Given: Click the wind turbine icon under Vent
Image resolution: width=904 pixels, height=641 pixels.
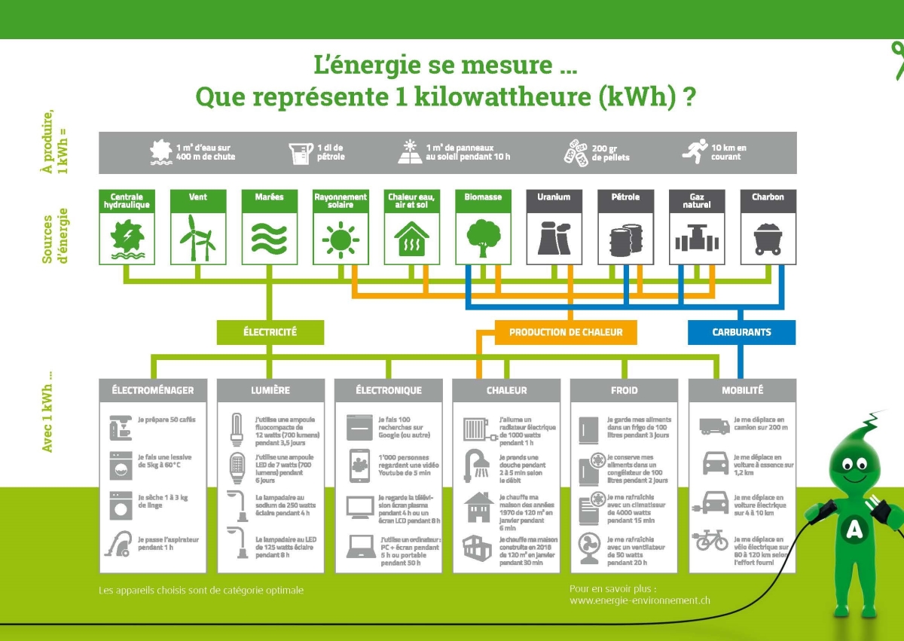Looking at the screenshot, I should pyautogui.click(x=198, y=237).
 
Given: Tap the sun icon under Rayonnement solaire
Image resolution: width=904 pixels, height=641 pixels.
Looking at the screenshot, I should pyautogui.click(x=341, y=239).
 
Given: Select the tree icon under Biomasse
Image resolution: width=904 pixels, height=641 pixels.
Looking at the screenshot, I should pyautogui.click(x=482, y=237).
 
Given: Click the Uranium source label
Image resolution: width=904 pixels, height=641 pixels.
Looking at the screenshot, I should pyautogui.click(x=554, y=197).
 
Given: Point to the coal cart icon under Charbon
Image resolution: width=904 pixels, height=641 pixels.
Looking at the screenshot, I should pyautogui.click(x=768, y=238).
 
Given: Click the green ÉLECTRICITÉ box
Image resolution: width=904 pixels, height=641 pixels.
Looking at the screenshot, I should pyautogui.click(x=270, y=331).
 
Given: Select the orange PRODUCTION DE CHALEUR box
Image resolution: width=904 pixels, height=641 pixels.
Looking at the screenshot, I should pyautogui.click(x=564, y=331).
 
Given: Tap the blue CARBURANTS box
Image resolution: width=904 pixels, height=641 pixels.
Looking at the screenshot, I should pyautogui.click(x=741, y=331).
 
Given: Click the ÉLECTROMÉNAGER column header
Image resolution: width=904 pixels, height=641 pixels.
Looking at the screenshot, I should pyautogui.click(x=153, y=390).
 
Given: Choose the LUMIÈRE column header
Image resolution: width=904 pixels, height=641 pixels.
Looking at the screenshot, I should pyautogui.click(x=270, y=390).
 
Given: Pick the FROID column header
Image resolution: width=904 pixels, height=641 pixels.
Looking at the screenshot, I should pyautogui.click(x=624, y=390).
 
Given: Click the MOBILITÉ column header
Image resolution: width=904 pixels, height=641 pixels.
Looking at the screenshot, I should pyautogui.click(x=742, y=390).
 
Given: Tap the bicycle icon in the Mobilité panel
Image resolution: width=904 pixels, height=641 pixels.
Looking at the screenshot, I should pyautogui.click(x=712, y=540).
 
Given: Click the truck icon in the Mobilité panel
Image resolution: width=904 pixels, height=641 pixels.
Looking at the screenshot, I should pyautogui.click(x=714, y=426).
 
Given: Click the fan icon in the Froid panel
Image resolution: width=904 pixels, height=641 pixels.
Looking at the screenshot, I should pyautogui.click(x=591, y=545).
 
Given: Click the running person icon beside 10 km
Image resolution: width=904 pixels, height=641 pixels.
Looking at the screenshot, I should pyautogui.click(x=695, y=151).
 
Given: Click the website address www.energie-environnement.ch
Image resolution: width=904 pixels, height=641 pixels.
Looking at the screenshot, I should pyautogui.click(x=640, y=600).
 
